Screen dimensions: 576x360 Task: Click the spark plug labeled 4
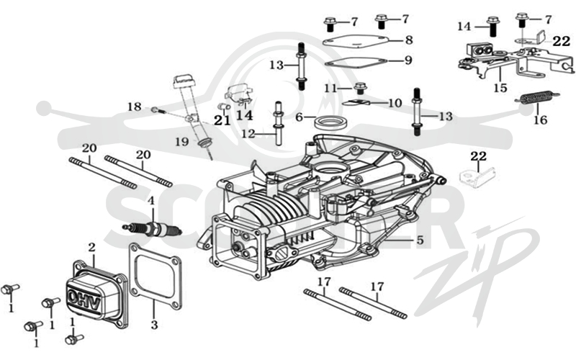152,230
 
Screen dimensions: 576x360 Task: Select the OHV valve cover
97,294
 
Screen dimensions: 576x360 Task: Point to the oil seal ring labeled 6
330,122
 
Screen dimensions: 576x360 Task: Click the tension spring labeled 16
538,98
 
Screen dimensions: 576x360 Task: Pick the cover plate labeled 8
356,41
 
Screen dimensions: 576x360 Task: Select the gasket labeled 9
356,63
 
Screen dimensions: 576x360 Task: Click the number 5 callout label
420,240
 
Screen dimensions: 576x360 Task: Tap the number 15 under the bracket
500,88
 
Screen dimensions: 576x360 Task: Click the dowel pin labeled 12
278,124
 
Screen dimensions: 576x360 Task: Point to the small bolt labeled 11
360,88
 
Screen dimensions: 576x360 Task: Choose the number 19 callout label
182,141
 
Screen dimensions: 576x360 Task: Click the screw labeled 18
158,110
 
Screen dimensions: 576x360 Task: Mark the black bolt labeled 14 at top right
492,26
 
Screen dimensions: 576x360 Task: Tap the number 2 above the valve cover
92,248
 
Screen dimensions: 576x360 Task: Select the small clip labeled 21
225,106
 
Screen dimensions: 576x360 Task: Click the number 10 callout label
395,103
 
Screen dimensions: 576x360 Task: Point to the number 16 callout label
541,120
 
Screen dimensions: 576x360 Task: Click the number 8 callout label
409,40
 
